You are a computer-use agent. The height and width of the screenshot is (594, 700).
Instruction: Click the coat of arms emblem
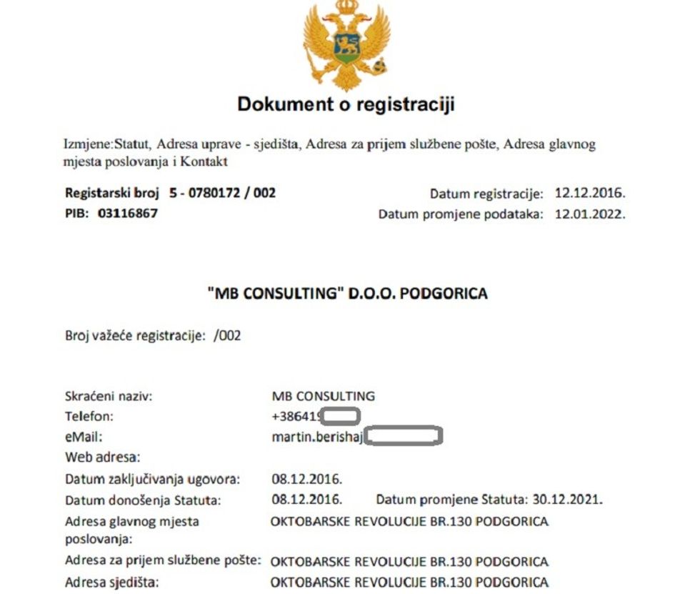[345, 44]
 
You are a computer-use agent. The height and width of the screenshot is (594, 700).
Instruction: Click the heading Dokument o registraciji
[346, 104]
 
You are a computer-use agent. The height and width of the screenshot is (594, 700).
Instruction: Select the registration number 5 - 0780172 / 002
[222, 193]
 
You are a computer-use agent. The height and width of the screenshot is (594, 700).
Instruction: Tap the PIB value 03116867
[128, 213]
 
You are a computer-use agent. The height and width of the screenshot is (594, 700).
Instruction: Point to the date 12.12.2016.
[590, 194]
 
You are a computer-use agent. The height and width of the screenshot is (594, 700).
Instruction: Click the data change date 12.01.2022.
[590, 214]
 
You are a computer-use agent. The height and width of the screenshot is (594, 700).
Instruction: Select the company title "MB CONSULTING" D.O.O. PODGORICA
[346, 294]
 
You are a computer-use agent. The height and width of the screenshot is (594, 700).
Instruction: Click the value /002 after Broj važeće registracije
[226, 335]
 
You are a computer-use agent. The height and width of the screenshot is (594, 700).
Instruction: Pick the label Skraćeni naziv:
[109, 396]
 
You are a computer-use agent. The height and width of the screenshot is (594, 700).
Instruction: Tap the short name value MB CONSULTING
[324, 396]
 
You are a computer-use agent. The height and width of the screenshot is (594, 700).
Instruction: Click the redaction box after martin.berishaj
[404, 435]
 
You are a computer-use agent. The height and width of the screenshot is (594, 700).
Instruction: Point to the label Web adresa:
[103, 456]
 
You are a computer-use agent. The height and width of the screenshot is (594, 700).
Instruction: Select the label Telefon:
[89, 416]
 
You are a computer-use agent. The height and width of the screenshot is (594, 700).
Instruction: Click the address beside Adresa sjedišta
[409, 582]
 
